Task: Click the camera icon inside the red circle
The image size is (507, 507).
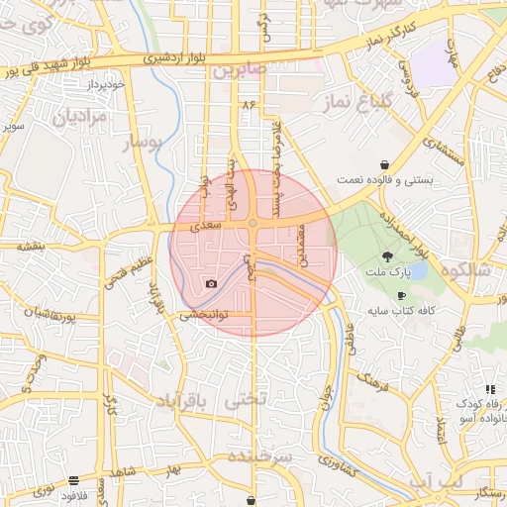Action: tap(211, 284)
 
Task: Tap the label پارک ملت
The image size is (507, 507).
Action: tap(395, 271)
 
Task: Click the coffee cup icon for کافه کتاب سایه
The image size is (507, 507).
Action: tap(401, 296)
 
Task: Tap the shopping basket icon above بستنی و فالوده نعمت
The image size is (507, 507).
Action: tap(384, 164)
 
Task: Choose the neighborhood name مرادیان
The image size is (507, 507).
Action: tap(72, 117)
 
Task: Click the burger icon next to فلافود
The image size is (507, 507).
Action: tap(74, 481)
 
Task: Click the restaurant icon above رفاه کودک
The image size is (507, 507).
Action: tap(490, 389)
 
